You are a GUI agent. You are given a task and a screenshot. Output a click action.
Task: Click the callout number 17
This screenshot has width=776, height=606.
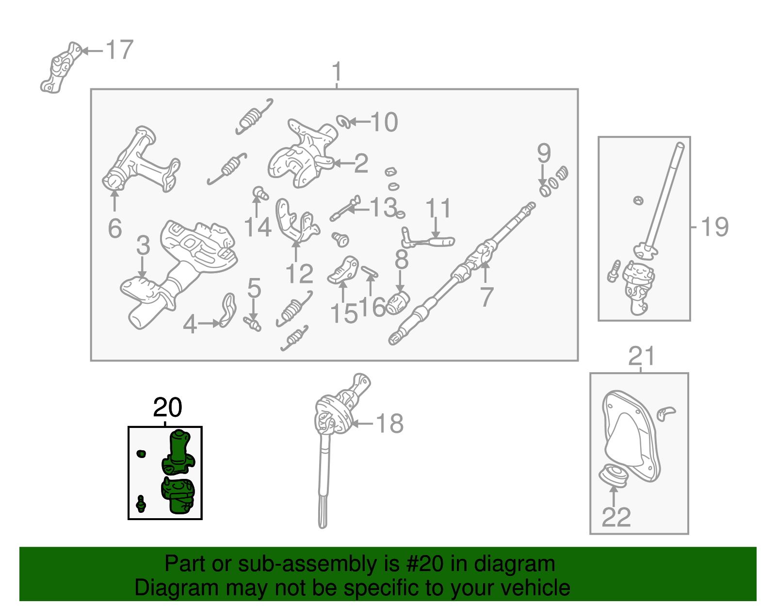pyautogui.click(x=120, y=49)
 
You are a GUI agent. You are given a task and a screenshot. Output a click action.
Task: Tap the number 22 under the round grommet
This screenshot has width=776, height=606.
pyautogui.click(x=616, y=517)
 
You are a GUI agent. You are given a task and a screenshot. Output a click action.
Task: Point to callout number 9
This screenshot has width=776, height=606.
pyautogui.click(x=544, y=153)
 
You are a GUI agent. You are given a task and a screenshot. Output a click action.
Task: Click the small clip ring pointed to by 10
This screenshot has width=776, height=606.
pyautogui.click(x=343, y=122)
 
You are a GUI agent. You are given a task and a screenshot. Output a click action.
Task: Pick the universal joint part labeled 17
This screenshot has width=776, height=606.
pyautogui.click(x=60, y=68)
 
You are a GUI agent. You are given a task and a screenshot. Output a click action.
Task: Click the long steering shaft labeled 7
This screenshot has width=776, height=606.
pyautogui.click(x=462, y=273)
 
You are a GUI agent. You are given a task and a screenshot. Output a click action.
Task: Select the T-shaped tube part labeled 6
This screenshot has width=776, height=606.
pyautogui.click(x=141, y=159)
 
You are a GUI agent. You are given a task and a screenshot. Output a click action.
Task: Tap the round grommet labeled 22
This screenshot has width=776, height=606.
pyautogui.click(x=613, y=476)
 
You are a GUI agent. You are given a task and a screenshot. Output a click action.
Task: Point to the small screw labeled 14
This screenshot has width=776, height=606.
pyautogui.click(x=260, y=193)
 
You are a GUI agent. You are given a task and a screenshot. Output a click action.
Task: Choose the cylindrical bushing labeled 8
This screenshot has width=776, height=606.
pyautogui.click(x=398, y=302)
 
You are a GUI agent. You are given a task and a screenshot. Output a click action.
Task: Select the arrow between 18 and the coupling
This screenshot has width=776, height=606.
pyautogui.click(x=362, y=424)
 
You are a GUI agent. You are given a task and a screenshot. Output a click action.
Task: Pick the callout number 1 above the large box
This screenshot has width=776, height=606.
pyautogui.click(x=337, y=72)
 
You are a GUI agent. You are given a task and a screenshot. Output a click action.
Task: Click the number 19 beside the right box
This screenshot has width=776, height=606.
pyautogui.click(x=714, y=227)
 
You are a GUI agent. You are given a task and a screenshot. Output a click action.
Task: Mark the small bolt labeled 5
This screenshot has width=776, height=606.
pyautogui.click(x=252, y=324)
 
